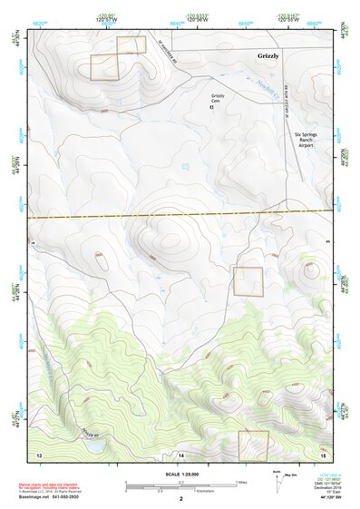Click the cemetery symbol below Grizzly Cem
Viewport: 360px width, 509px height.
(213, 107)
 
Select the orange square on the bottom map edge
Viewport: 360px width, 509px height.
(253, 445)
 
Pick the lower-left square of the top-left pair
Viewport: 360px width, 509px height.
(104, 67)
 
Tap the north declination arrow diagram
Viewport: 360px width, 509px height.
(277, 483)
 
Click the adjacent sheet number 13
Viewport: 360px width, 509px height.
(39, 452)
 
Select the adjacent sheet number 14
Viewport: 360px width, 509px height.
(180, 453)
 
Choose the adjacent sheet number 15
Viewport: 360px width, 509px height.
(322, 453)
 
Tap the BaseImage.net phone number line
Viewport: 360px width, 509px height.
(52, 496)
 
